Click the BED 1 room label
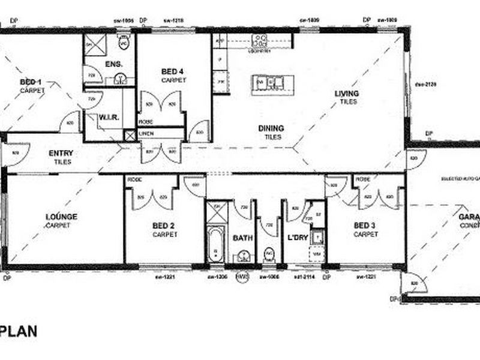pos(31,82)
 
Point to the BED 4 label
pos(173,71)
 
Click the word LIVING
pos(347,94)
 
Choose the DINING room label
pos(271,128)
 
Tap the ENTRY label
pos(61,154)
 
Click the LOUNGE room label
pos(61,217)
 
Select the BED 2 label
pos(164,226)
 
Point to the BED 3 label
pos(365,226)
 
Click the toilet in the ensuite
pos(124,43)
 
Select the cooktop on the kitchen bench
pos(260,41)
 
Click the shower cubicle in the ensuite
pos(93,44)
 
